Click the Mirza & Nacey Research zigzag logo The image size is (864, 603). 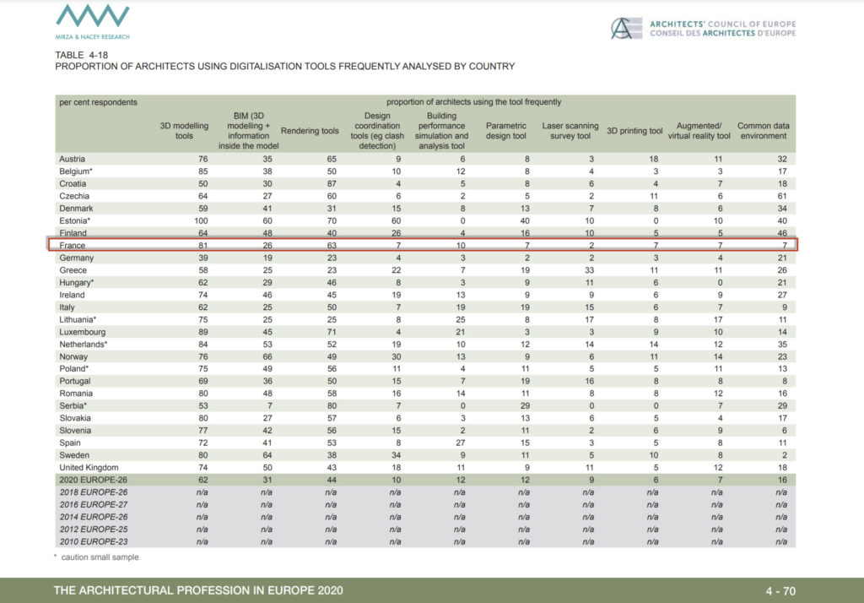tap(93, 17)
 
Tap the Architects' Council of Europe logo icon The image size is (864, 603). tap(626, 28)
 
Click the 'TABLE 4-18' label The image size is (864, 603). tap(82, 55)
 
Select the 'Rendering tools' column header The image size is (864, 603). tap(310, 131)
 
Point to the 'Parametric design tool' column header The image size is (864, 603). tap(506, 131)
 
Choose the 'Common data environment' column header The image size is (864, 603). tap(763, 131)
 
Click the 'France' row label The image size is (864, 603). tap(73, 246)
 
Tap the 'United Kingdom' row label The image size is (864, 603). tap(89, 467)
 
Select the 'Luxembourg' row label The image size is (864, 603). tap(83, 332)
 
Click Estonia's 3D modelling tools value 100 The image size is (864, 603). tap(201, 220)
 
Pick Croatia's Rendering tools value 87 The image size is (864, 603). tap(332, 184)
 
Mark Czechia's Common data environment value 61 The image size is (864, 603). tap(782, 196)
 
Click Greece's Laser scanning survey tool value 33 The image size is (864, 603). tap(589, 270)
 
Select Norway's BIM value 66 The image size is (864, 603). tap(267, 357)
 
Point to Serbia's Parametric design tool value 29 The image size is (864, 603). tap(525, 405)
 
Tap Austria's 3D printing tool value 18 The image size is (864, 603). tap(654, 159)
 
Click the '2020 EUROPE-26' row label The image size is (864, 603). tap(93, 480)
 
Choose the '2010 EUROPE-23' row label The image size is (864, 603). tap(93, 541)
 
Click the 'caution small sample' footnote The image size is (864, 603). tap(100, 557)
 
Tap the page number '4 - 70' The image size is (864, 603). tap(780, 591)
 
